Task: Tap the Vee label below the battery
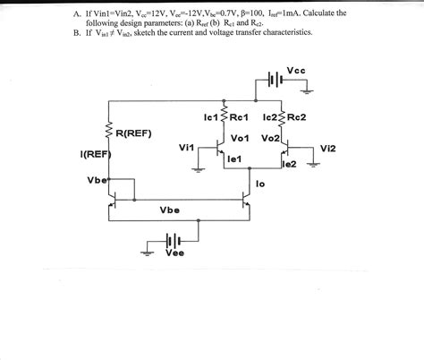[x=175, y=253]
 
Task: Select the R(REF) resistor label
[x=133, y=134]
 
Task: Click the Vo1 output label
[x=239, y=138]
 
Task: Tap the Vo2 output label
[x=269, y=139]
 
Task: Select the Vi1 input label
[x=186, y=147]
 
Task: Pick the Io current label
[x=260, y=184]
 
